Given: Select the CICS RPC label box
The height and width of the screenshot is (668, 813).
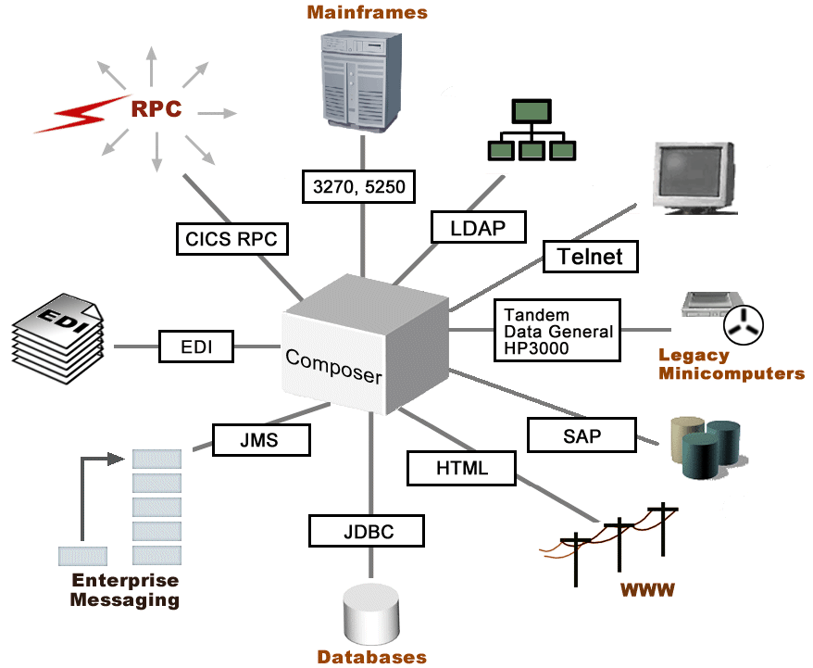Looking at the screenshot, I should (x=231, y=239).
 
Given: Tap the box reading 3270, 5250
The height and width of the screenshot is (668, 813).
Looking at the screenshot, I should (x=359, y=186).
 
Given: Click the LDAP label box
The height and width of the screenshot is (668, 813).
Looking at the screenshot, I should (x=479, y=227).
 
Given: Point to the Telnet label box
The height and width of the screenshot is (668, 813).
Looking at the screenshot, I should (x=591, y=256).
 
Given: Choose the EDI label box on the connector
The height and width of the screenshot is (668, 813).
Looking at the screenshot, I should (x=195, y=347).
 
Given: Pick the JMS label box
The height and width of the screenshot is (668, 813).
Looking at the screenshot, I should (x=260, y=439).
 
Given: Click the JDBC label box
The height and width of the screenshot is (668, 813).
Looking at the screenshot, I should (x=366, y=531).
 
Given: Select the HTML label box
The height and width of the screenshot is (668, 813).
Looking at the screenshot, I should (x=461, y=467).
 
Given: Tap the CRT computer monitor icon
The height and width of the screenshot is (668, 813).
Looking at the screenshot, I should (x=693, y=176).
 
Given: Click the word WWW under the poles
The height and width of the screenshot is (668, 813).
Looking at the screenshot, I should (x=647, y=589).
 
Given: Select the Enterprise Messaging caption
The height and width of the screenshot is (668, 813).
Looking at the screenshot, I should (x=125, y=590).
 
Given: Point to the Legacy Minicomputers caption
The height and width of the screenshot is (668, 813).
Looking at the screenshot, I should (x=731, y=364).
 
